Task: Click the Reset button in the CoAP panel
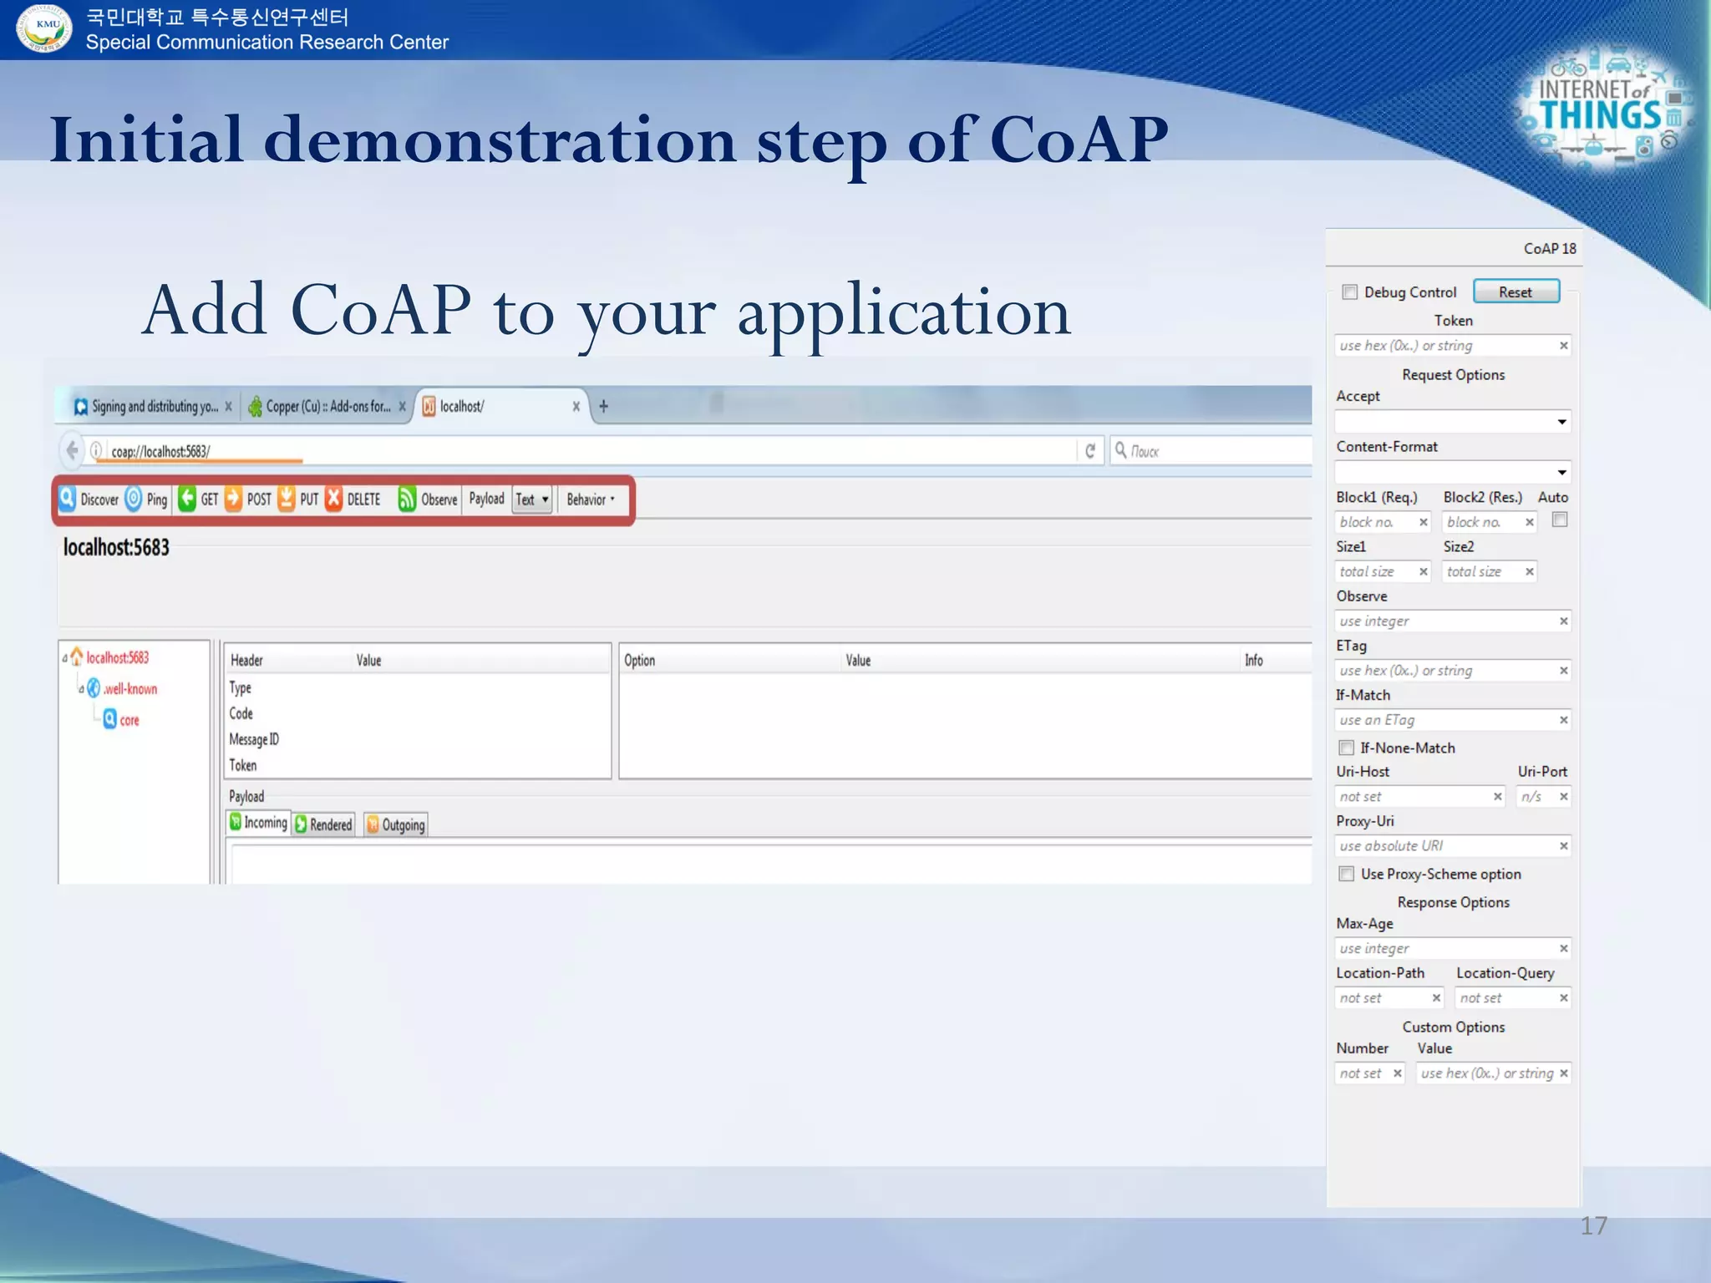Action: (x=1516, y=292)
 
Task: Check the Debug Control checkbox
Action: (x=1349, y=292)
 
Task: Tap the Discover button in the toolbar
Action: (x=89, y=500)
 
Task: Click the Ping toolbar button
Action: (x=147, y=500)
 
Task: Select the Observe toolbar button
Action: (x=428, y=500)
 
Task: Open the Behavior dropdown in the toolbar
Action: (x=590, y=500)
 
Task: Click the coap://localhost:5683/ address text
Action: (x=160, y=452)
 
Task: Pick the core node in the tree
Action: (x=129, y=720)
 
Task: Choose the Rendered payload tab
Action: (x=324, y=824)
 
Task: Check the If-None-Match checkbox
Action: (x=1347, y=748)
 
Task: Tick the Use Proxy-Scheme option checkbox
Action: (x=1347, y=874)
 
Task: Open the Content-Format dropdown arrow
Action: (x=1561, y=473)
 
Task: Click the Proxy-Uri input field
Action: (x=1445, y=846)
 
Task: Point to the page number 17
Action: (x=1593, y=1225)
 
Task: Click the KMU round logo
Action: (x=44, y=28)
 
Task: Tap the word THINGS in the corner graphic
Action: (x=1600, y=116)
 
